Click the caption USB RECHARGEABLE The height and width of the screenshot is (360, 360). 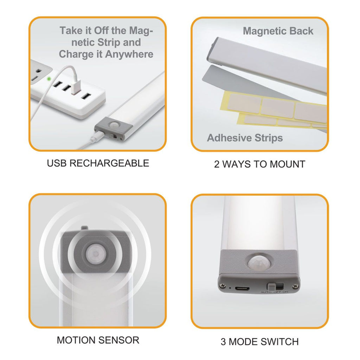click(x=98, y=163)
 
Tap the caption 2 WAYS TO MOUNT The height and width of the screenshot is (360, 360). click(x=259, y=164)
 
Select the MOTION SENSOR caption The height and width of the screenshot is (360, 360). click(x=98, y=340)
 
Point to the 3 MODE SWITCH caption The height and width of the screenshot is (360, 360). click(x=259, y=341)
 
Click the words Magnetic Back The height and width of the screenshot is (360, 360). click(x=278, y=31)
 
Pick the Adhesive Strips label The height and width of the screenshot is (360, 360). click(x=245, y=138)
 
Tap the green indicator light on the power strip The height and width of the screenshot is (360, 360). click(x=50, y=79)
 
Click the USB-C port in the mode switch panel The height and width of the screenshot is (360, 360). click(x=243, y=288)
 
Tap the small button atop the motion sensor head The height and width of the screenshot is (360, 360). click(x=83, y=228)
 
